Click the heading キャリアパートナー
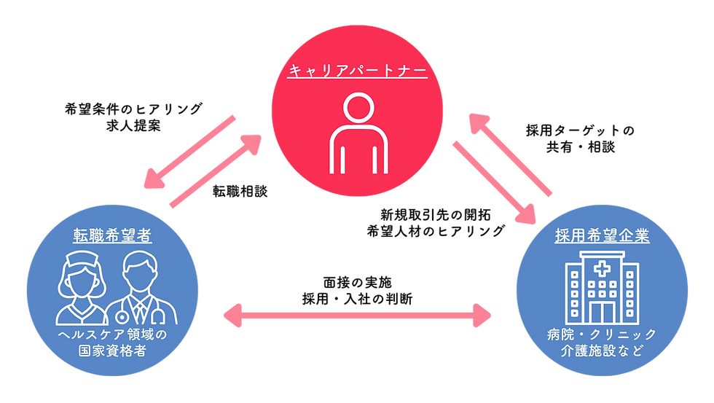click(358, 71)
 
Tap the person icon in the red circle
click(358, 133)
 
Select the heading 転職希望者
click(112, 235)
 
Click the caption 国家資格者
click(112, 351)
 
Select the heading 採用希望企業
click(602, 235)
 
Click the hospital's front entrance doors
click(602, 312)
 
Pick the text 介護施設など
click(602, 351)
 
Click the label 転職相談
click(240, 191)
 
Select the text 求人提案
click(133, 125)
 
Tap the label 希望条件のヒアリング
click(133, 109)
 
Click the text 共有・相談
click(581, 147)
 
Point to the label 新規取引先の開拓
click(436, 214)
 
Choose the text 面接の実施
click(358, 282)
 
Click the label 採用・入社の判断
click(358, 300)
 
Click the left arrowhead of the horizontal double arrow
click(233, 315)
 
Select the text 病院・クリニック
click(602, 334)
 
